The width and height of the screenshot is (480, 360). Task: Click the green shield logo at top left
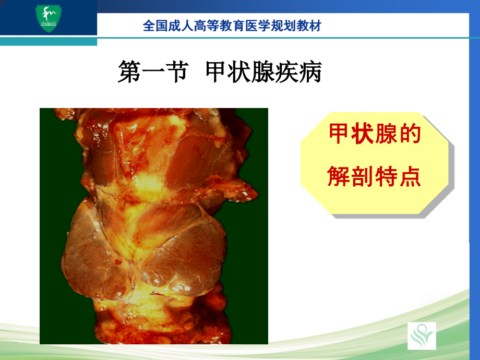point(48,19)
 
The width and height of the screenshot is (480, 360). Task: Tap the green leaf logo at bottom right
point(422,335)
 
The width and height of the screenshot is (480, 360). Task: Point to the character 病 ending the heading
point(310,73)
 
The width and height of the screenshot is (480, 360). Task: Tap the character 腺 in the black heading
point(263,73)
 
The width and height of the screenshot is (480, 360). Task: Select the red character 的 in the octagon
point(410,135)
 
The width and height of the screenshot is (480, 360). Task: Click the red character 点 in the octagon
point(410,177)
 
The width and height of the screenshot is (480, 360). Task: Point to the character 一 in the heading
point(152,73)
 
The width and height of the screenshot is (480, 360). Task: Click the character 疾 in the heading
point(287,73)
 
